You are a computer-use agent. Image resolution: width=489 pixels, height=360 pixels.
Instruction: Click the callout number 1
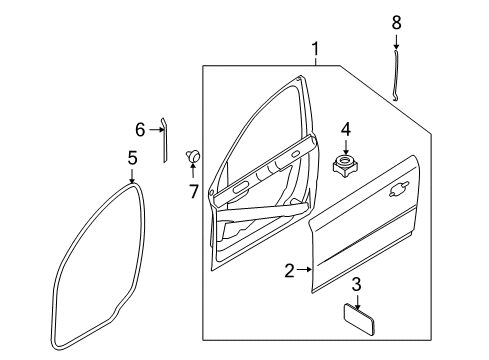[316, 48]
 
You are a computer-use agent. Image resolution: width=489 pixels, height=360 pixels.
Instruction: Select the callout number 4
[345, 129]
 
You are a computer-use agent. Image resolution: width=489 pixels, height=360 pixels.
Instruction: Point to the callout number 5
[132, 158]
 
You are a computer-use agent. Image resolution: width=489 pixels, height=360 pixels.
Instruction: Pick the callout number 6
[141, 128]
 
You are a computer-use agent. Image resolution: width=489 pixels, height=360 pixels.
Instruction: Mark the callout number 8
[396, 21]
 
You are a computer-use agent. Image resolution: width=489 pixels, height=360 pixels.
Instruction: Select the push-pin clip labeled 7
[193, 155]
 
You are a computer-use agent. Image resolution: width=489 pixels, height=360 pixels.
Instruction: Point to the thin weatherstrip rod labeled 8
[396, 76]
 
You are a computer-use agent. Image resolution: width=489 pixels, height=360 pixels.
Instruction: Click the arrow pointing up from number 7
[193, 171]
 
